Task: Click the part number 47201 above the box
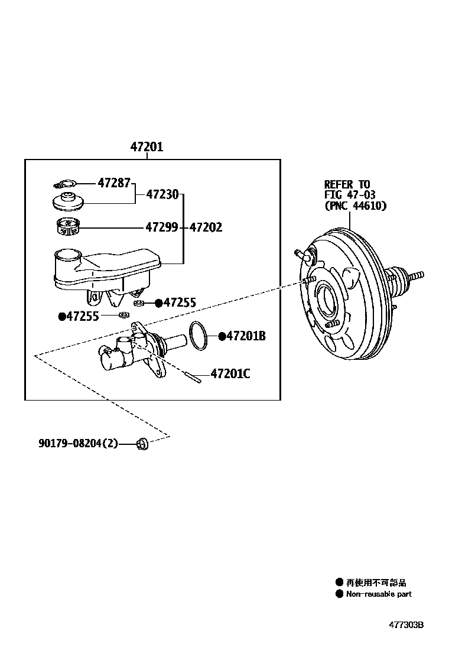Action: [x=147, y=147]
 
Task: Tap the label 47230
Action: [x=162, y=194]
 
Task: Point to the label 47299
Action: [x=162, y=227]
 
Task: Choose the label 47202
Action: [x=206, y=227]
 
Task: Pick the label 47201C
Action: [x=230, y=373]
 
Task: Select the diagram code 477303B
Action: [x=406, y=625]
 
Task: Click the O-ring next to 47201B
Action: [x=199, y=335]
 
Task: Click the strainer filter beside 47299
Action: [x=67, y=226]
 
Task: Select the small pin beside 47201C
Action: [x=193, y=376]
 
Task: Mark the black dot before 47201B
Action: [x=222, y=336]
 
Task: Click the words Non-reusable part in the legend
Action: [x=379, y=594]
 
